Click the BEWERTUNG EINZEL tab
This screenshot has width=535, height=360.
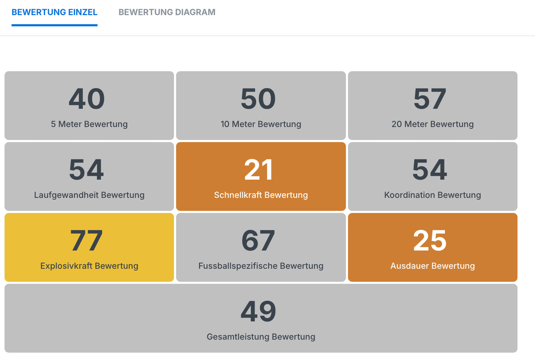[x=54, y=12]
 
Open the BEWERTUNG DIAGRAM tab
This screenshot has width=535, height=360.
[x=167, y=12]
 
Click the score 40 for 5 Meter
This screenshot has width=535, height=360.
[x=87, y=99]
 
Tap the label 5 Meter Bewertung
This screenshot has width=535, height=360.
[x=89, y=124]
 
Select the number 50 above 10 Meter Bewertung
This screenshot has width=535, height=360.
[x=258, y=99]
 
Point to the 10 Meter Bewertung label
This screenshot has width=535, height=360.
[x=261, y=124]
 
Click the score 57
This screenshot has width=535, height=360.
[x=430, y=99]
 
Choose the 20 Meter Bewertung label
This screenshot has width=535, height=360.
[x=432, y=124]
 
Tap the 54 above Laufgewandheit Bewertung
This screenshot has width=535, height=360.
[x=87, y=170]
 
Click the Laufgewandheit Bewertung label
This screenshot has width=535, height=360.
[x=89, y=195]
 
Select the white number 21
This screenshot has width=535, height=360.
[x=258, y=170]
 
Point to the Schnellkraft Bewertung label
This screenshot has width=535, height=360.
[x=261, y=195]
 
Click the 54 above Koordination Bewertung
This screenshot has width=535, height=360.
[x=430, y=170]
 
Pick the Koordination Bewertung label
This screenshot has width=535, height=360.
[x=432, y=195]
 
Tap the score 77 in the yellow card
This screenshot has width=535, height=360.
[x=87, y=240]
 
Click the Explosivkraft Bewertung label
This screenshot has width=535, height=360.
[x=89, y=266]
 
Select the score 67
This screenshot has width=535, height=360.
[x=258, y=240]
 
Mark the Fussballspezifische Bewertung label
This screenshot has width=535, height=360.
[x=261, y=266]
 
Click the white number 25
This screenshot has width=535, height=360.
[x=430, y=240]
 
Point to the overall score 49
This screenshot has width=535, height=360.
[x=258, y=311]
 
